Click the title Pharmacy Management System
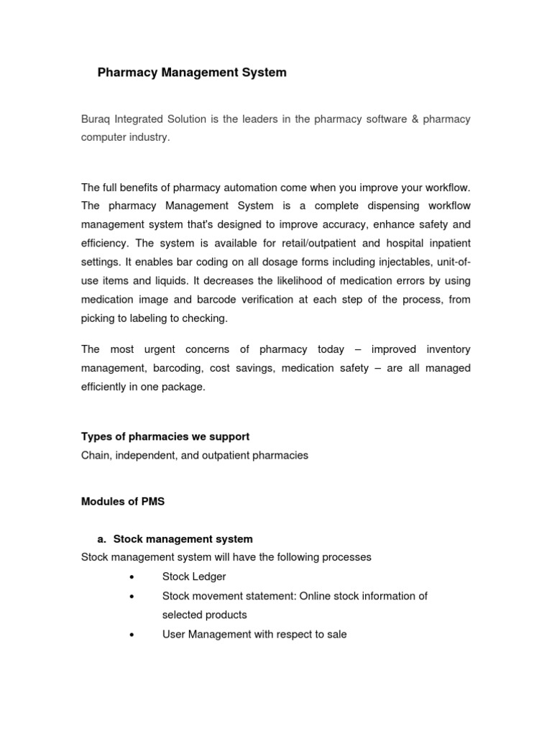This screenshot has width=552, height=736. pos(191,73)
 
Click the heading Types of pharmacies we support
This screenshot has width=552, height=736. pos(165,437)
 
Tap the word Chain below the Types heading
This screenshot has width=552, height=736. pos(95,456)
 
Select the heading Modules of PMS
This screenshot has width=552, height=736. pos(123,502)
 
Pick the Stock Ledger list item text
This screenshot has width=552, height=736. pos(194,576)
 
